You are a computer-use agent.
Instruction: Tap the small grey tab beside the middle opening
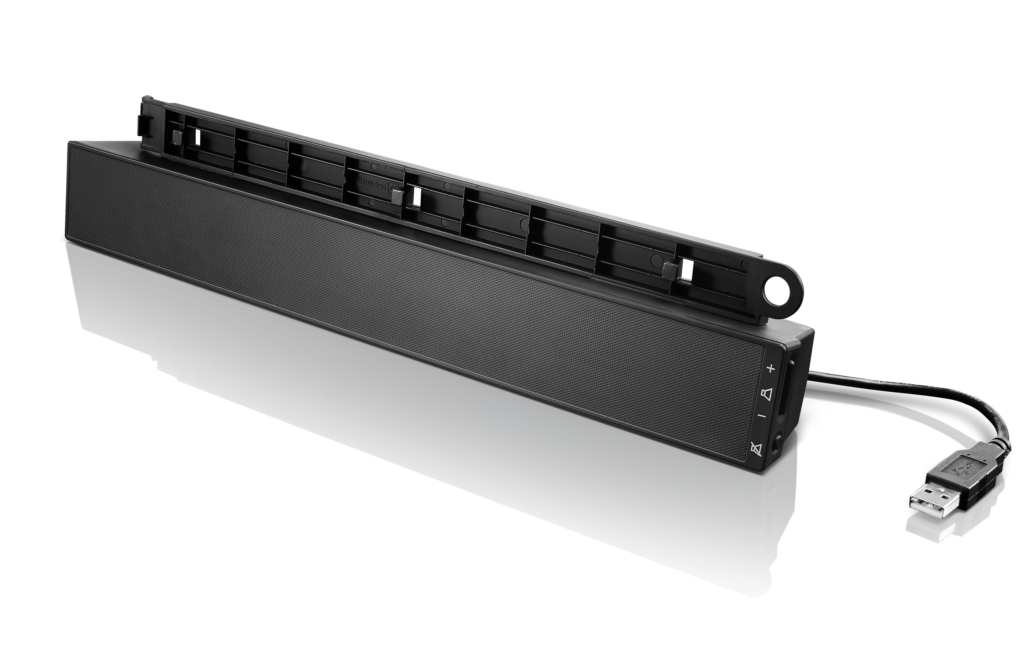click(x=395, y=197)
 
